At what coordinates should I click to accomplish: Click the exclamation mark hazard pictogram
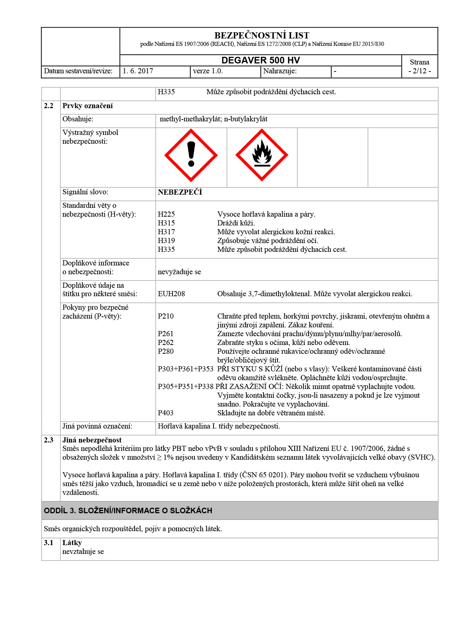pos(191,155)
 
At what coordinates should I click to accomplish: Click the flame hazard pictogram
pos(262,155)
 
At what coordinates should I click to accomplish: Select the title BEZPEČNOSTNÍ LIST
pos(262,36)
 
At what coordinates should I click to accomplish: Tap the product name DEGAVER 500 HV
pos(261,60)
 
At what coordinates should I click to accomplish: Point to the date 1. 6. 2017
pos(138,71)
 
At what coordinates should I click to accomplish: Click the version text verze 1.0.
pos(208,71)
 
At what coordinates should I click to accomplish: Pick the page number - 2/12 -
pos(419,71)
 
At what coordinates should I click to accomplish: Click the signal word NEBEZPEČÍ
pos(180,192)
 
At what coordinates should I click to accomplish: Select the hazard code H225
pos(166,214)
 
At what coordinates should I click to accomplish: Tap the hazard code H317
pos(166,232)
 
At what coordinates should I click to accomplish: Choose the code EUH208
pos(171,294)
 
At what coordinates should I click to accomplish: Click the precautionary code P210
pos(166,316)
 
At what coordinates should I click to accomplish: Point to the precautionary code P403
pos(166,413)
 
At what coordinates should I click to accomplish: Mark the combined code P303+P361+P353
pos(186,369)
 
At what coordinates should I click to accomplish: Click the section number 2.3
pos(48,440)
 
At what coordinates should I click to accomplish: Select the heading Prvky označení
pos(87,106)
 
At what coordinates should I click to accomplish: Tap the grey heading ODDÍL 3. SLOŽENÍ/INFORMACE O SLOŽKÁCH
pos(128,511)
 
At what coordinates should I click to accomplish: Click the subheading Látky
pos(72,543)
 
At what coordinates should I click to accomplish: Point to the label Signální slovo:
pos(85,192)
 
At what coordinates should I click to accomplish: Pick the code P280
pos(166,352)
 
